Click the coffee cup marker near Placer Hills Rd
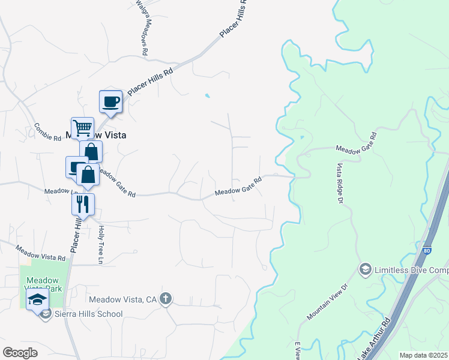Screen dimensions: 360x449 (x=110, y=101)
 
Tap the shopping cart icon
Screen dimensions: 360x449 (x=82, y=128)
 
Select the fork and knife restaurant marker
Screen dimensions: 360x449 (x=83, y=203)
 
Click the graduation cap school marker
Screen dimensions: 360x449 (x=38, y=299)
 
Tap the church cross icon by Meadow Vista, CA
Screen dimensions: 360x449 (x=166, y=299)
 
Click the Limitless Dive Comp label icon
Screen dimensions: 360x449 (x=365, y=270)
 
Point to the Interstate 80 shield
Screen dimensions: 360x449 (x=426, y=251)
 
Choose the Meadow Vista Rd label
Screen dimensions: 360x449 (x=40, y=253)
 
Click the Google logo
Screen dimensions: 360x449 (x=20, y=352)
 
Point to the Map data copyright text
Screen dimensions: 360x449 (x=423, y=355)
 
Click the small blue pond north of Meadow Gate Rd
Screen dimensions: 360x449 (x=208, y=95)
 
